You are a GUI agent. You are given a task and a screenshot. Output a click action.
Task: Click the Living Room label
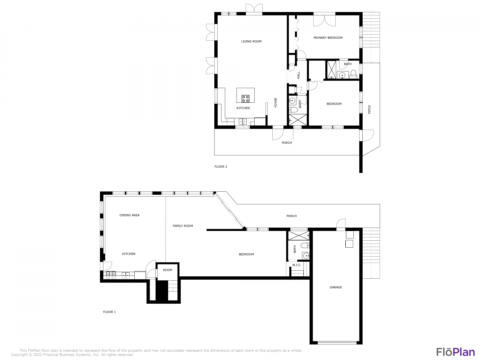point(251,41)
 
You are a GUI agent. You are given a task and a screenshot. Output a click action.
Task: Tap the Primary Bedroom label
point(328,38)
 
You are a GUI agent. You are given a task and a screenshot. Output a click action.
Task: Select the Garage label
point(336,287)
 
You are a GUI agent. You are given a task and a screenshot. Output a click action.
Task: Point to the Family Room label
point(183,226)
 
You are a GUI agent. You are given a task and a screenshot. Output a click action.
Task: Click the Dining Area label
point(129,215)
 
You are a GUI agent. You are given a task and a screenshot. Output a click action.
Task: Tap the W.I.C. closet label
point(297,265)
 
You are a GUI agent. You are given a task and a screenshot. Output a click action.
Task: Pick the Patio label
point(369,109)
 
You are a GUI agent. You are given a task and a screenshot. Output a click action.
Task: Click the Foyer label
point(276,102)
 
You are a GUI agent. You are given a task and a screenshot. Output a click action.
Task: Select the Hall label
point(298,75)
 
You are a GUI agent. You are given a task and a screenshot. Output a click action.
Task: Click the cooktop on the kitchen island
point(245,99)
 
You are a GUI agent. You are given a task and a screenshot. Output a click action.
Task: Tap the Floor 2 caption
point(221,167)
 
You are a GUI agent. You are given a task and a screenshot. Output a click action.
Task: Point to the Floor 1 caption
point(109,312)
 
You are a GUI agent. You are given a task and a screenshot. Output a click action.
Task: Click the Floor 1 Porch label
point(291,216)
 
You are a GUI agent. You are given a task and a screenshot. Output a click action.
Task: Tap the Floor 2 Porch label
point(287,143)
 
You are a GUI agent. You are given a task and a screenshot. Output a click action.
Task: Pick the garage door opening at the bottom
point(337,343)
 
